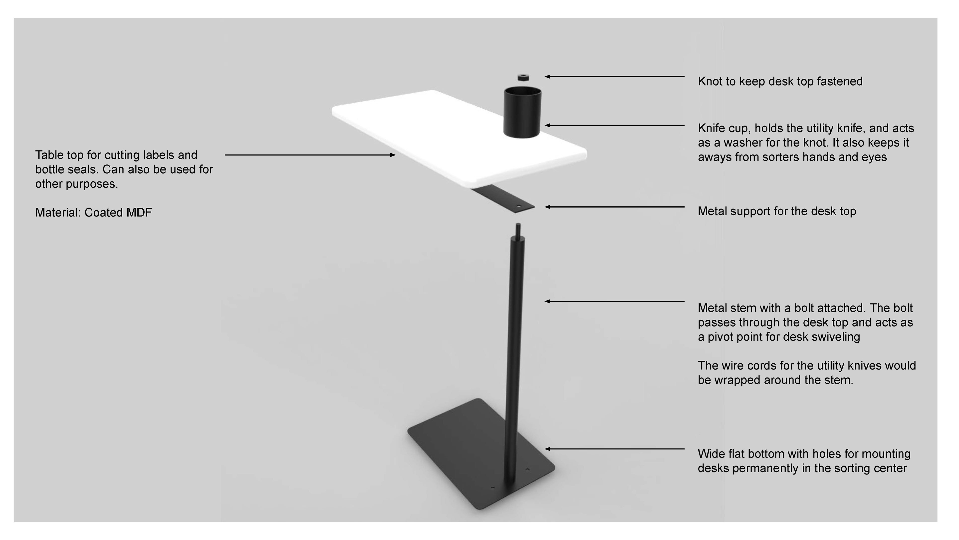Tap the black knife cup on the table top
pos(522,112)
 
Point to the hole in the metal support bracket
pos(518,206)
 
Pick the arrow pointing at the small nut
pos(614,77)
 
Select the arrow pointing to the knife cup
pos(614,125)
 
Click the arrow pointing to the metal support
pos(614,207)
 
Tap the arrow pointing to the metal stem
pos(614,301)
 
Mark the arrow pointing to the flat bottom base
pos(614,449)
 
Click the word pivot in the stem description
pos(722,337)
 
